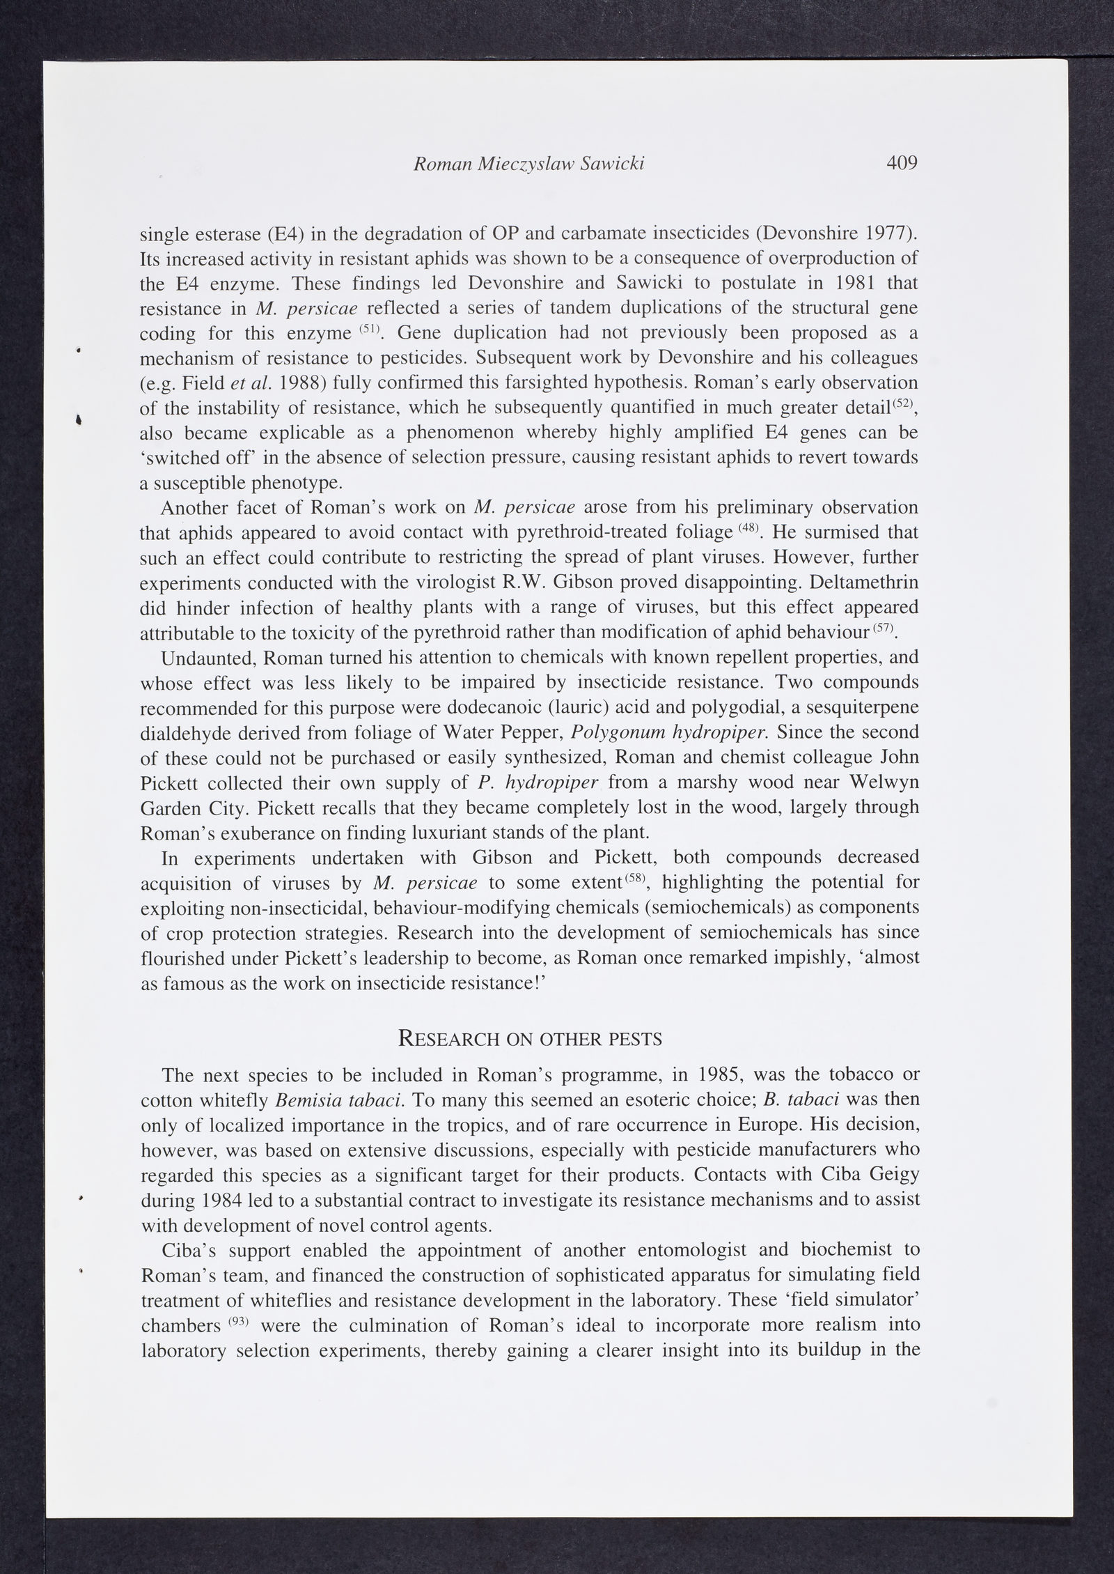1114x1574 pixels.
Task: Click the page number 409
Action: click(x=902, y=163)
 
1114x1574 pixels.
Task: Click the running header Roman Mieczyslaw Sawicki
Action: click(x=528, y=164)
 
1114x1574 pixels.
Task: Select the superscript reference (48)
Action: click(x=748, y=527)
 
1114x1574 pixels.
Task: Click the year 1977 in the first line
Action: click(x=885, y=233)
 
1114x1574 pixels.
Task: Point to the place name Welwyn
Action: click(x=884, y=782)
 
